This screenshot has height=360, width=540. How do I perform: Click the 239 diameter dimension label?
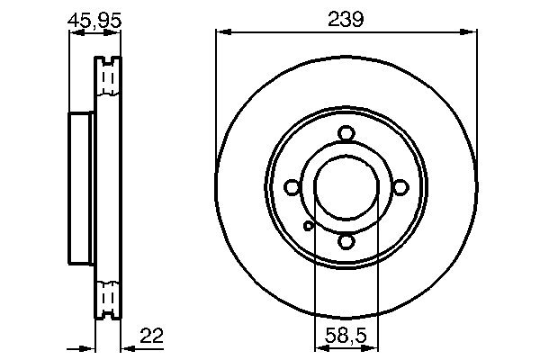coord(346,19)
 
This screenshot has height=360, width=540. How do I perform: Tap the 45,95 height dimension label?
coord(94,20)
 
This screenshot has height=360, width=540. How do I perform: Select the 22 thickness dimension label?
coord(151,335)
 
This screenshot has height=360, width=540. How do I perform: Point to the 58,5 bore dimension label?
coord(346,335)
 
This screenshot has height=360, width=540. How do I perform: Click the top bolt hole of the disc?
coord(346,134)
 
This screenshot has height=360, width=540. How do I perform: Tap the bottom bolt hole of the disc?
coord(346,241)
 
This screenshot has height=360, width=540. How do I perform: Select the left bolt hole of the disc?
coord(292,187)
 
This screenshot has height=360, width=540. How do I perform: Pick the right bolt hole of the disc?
coord(400,187)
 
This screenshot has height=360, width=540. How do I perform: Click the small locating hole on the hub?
coord(308,226)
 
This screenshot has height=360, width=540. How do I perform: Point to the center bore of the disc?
coord(346,187)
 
